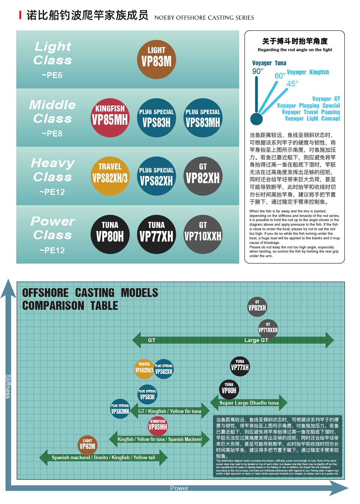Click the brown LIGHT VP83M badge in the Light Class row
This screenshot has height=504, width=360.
(156, 59)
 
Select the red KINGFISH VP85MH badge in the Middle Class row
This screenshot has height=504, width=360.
(110, 118)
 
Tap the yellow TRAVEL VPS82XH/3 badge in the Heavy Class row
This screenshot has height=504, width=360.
(110, 176)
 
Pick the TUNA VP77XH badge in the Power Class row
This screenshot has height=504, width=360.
(156, 234)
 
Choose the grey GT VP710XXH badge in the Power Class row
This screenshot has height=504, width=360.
(203, 234)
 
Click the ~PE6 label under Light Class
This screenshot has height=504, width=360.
(52, 75)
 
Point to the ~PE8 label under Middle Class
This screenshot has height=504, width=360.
(52, 133)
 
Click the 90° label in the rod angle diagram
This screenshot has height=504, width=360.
(258, 71)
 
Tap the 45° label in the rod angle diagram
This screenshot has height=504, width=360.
(292, 83)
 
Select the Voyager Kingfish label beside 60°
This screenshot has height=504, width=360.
(308, 72)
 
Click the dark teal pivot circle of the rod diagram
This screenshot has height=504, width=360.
(257, 119)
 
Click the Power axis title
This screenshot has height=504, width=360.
(179, 488)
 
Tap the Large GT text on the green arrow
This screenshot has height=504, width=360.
(256, 340)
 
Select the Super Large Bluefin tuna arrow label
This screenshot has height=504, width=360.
(249, 403)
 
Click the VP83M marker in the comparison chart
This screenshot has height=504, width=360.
(87, 445)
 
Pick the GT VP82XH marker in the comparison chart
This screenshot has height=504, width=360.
(257, 306)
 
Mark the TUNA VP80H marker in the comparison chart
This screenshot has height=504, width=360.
(229, 389)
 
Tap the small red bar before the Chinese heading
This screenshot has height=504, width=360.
(20, 15)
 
